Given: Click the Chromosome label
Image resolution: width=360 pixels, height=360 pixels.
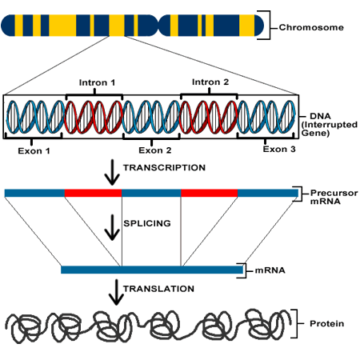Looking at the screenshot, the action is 311,27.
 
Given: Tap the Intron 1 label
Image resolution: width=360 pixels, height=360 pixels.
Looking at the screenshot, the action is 97,82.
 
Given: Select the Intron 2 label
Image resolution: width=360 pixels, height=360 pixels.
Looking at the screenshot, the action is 210,82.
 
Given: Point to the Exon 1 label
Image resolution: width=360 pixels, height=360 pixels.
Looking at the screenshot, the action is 34,151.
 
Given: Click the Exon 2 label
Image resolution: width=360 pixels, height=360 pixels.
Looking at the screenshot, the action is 155,150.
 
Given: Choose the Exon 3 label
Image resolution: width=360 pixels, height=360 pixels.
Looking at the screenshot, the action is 279,149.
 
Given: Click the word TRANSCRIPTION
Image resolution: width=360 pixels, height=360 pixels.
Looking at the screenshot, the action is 164,168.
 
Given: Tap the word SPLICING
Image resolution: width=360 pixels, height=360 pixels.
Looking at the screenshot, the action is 147,223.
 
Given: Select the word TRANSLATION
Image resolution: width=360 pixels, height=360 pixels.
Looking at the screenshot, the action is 158,289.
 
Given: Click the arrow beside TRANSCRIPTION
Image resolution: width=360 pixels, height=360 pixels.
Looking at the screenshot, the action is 112,172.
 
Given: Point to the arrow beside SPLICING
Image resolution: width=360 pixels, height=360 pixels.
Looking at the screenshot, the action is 112,227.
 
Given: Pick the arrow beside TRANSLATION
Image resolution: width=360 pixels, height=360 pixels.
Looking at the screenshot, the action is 116,292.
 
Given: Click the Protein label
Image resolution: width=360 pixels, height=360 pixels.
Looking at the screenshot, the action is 326,324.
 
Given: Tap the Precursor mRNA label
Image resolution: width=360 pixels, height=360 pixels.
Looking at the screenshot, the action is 334,197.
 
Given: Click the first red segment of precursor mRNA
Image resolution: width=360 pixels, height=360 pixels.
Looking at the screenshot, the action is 93,193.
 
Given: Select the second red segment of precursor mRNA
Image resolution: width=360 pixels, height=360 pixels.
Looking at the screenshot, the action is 210,193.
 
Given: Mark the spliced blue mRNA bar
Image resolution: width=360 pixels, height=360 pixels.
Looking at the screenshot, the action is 152,270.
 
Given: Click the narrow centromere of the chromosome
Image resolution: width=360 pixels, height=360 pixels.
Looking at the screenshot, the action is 159,26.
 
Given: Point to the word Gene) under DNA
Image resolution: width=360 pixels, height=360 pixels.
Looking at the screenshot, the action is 315,133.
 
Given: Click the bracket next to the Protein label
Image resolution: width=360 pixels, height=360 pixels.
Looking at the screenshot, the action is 297,324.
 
